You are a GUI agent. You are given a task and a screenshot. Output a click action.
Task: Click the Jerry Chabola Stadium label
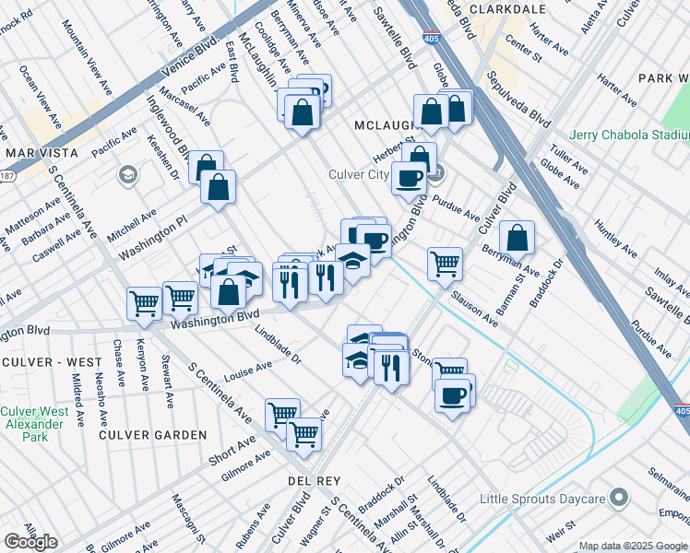click(x=629, y=135)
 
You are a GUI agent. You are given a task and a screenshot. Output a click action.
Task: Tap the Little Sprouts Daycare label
click(x=541, y=500)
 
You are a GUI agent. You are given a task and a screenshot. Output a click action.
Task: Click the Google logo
click(x=30, y=541)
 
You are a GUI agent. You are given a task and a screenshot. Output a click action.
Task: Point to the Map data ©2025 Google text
click(x=634, y=546)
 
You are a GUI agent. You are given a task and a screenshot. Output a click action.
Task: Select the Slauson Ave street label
click(x=475, y=310)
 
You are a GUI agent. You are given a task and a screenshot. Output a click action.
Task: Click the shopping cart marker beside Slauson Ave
click(x=445, y=264)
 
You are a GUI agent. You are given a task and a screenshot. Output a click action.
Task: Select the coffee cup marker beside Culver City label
click(x=409, y=178)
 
